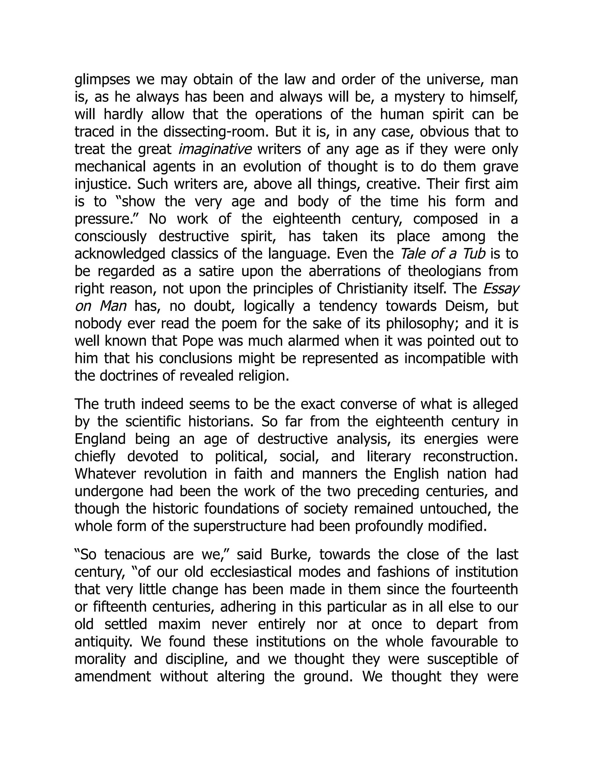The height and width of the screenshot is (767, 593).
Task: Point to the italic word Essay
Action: tap(501, 289)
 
